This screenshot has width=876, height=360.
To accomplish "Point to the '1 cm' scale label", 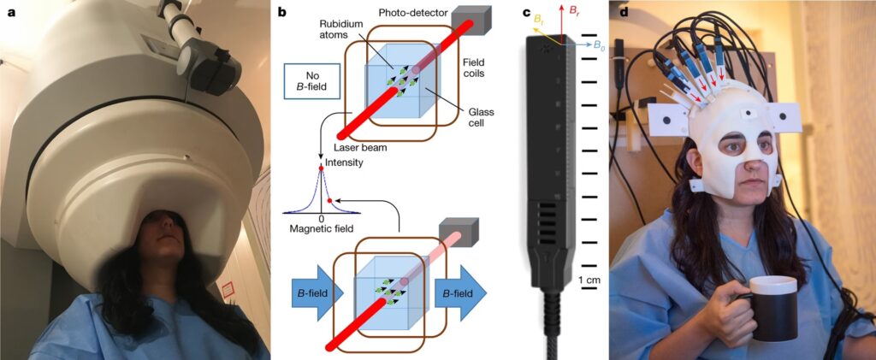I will click(x=588, y=280).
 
